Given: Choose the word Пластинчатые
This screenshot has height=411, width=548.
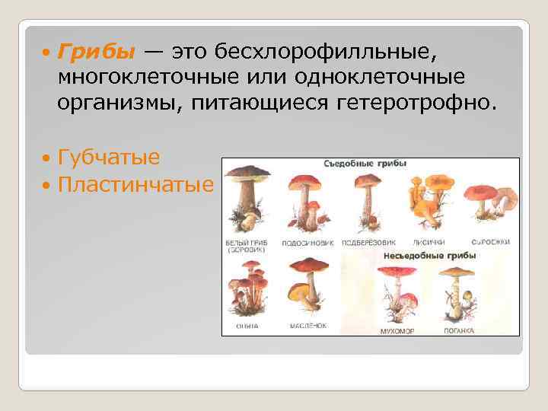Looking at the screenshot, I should tap(135, 184).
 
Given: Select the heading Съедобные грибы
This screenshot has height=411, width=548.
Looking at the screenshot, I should tap(365, 164).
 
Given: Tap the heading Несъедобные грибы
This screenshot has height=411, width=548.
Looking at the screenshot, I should tap(430, 256).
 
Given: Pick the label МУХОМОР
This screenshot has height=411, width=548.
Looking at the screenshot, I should tap(397, 331).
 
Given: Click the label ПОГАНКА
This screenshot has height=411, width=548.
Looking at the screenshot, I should tap(460, 331).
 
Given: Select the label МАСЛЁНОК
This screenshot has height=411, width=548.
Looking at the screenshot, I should tap(307, 326).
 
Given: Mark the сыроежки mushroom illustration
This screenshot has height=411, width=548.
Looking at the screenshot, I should tap(491, 196).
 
